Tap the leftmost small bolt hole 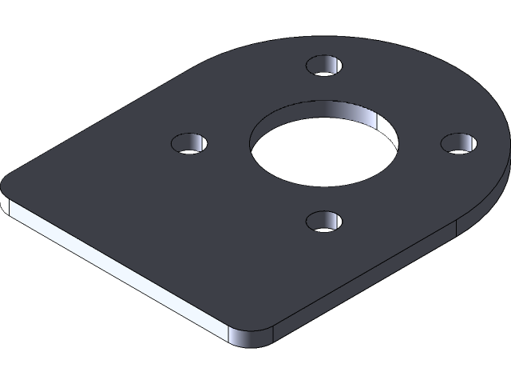pyautogui.click(x=190, y=145)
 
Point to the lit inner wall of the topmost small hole pyautogui.click(x=335, y=61)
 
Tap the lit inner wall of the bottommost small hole pyautogui.click(x=335, y=218)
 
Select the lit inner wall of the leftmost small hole pyautogui.click(x=201, y=141)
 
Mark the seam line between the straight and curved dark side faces pyautogui.click(x=456, y=227)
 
